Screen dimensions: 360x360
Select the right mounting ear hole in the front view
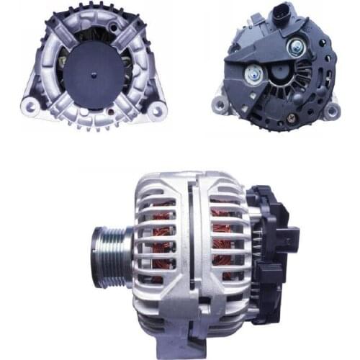(x=157, y=108)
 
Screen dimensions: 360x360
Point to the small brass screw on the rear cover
(x=291, y=114)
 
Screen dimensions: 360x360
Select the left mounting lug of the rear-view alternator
(x=221, y=106)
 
